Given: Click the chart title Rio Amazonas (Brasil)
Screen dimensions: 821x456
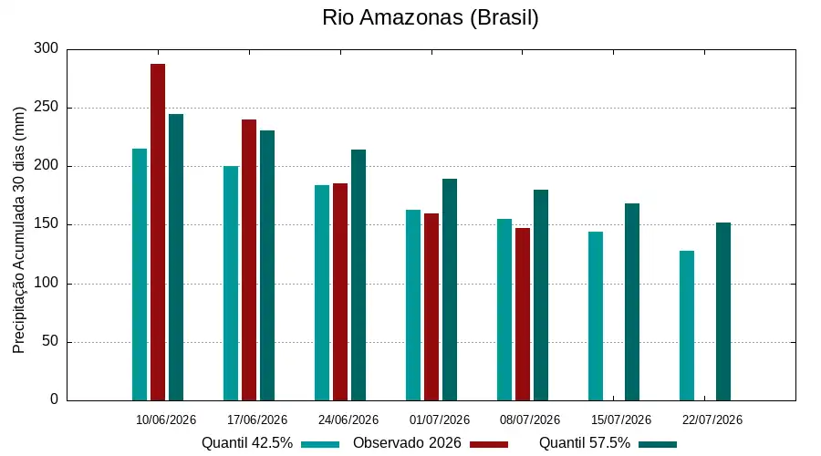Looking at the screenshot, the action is (x=430, y=18).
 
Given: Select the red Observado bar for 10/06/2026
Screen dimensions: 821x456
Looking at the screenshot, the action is (x=158, y=232).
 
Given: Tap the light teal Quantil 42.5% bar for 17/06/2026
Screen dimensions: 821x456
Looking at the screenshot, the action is (x=231, y=284).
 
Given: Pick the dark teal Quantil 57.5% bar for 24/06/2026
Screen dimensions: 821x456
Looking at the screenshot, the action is (x=359, y=275).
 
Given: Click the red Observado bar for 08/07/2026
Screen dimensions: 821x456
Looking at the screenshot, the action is (x=523, y=314).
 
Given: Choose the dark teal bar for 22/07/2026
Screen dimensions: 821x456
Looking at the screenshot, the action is (x=723, y=312).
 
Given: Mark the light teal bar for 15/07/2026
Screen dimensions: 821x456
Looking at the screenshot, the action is (x=596, y=316).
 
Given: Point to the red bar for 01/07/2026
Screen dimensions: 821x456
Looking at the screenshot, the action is (x=431, y=306).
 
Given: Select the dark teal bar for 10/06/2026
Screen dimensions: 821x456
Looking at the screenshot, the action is (x=176, y=257).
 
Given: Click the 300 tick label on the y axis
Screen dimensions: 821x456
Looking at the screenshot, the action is (x=47, y=48).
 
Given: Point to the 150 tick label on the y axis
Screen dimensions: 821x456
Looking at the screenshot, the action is (x=47, y=224).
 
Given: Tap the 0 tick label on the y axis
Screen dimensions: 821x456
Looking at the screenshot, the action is (x=55, y=399).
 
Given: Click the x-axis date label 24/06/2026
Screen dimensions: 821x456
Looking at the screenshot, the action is (x=348, y=420).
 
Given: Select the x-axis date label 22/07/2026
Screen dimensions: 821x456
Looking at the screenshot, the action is (x=712, y=420).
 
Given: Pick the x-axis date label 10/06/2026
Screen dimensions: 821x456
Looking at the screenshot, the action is (x=166, y=420).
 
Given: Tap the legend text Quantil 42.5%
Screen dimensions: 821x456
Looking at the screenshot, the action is (x=247, y=443).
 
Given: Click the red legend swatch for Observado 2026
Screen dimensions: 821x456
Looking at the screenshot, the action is (x=489, y=444).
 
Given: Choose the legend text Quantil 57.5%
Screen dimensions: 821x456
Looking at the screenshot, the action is (x=585, y=443).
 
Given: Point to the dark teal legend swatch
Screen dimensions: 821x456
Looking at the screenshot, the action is (x=658, y=444).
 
